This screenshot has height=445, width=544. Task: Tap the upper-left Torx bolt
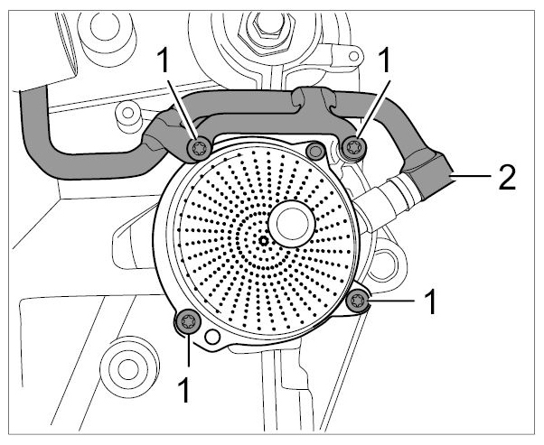click(x=199, y=149)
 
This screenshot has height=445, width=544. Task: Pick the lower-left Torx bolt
click(x=188, y=322)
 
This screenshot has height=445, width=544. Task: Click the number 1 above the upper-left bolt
click(x=163, y=60)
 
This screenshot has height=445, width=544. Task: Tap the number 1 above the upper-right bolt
click(x=383, y=60)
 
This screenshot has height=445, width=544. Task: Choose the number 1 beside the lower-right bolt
click(x=429, y=301)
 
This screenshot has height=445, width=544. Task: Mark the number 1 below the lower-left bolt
click(x=184, y=390)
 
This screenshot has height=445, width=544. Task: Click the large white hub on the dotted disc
click(x=292, y=224)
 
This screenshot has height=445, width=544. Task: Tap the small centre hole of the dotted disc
click(x=264, y=241)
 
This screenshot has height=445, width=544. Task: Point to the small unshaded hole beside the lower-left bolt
click(x=212, y=336)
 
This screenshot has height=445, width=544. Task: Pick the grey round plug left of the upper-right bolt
click(x=315, y=151)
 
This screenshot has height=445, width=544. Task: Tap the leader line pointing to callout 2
click(x=472, y=176)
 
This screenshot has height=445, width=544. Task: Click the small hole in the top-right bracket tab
click(x=353, y=56)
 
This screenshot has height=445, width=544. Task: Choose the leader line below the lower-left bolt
click(x=188, y=350)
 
